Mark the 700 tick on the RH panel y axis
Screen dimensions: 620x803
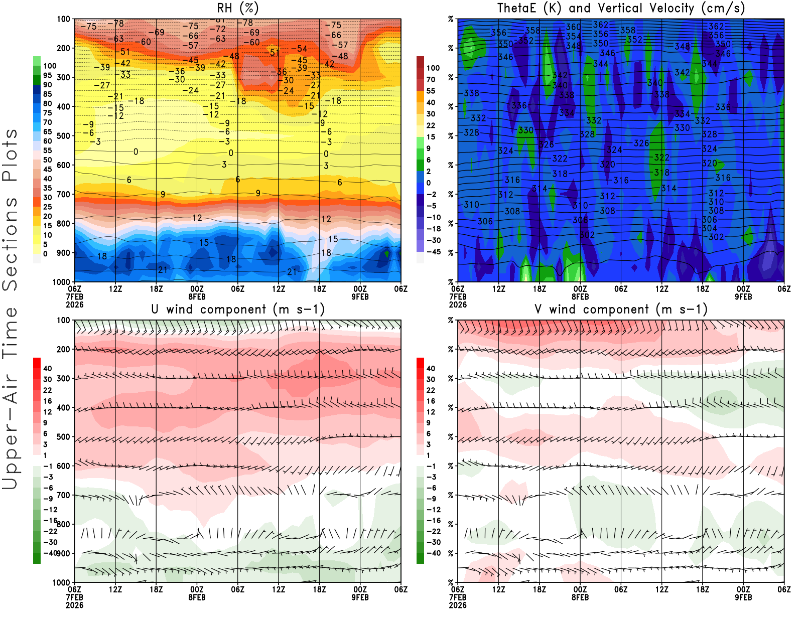[63, 194]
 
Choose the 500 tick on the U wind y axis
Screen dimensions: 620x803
[63, 437]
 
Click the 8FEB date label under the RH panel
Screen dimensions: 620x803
[197, 296]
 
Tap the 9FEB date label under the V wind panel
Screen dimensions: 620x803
[743, 597]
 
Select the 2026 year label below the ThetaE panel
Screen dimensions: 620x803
[458, 304]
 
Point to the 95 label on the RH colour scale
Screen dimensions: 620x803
[48, 75]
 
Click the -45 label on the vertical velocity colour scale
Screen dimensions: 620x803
[434, 252]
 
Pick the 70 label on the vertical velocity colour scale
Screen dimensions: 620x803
[431, 79]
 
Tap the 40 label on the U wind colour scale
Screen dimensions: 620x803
[48, 369]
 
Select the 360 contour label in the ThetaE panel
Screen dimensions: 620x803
[573, 27]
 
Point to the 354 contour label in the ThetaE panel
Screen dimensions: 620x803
[573, 37]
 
